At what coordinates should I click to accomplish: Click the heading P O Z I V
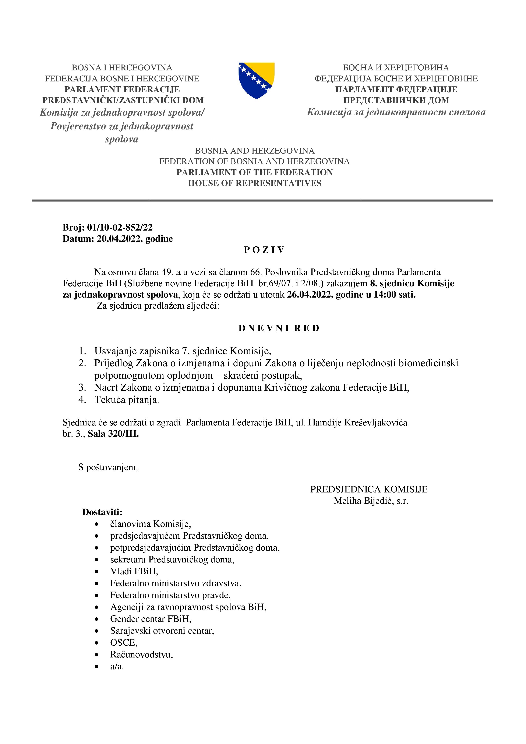point(264,250)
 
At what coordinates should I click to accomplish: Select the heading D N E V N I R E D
point(279,328)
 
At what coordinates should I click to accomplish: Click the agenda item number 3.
point(82,387)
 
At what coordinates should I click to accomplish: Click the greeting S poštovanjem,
point(108,467)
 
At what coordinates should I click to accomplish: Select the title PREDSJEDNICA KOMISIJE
point(369,489)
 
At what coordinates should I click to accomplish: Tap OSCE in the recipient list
point(123,643)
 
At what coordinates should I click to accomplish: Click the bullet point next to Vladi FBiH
point(96,572)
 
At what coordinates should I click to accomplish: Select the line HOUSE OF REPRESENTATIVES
point(255,183)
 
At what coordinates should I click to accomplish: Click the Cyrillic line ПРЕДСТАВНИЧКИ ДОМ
point(396,100)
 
